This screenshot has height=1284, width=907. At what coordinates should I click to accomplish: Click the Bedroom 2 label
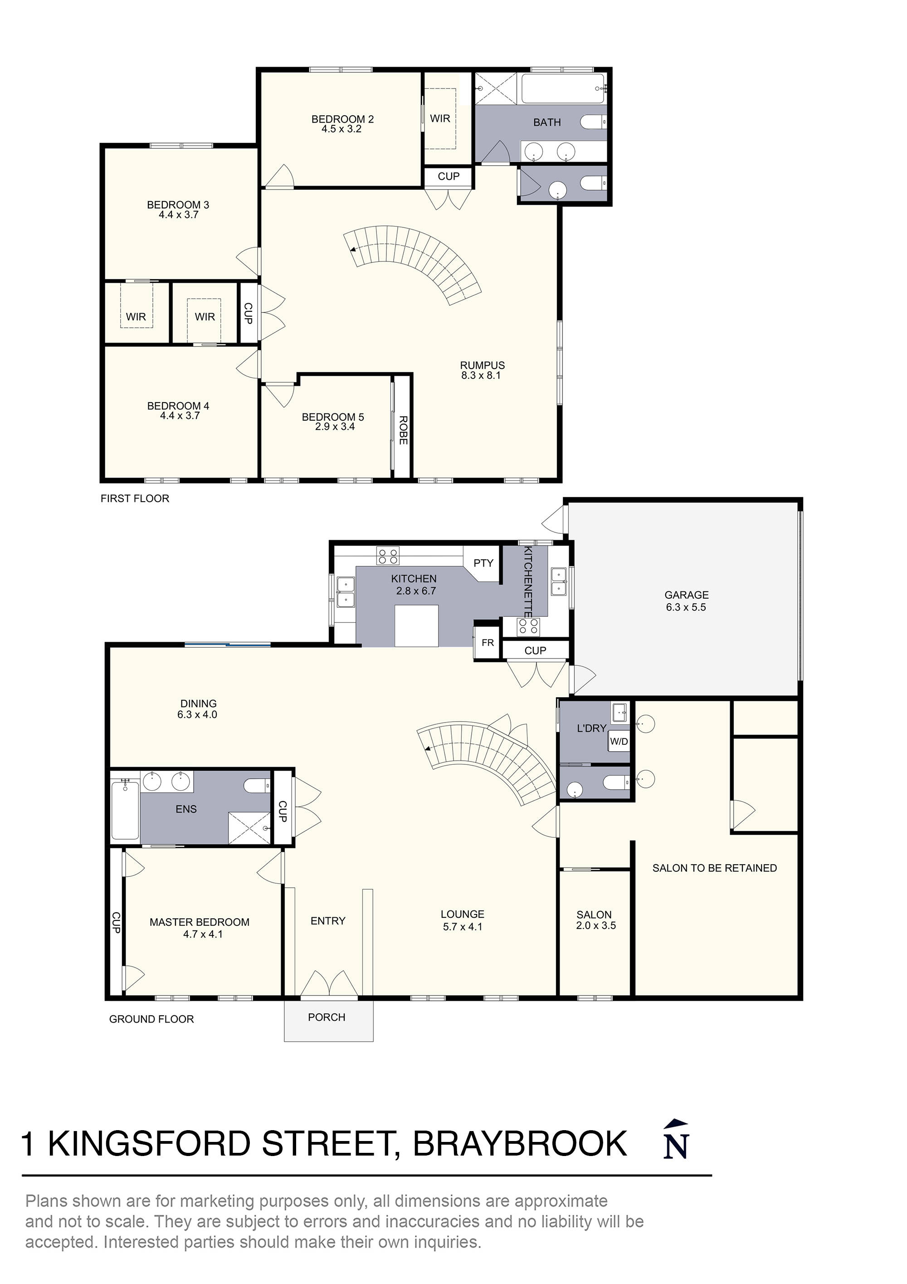(342, 119)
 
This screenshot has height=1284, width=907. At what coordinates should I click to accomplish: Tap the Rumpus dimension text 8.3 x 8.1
(481, 376)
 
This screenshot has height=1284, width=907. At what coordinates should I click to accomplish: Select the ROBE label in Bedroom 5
(403, 430)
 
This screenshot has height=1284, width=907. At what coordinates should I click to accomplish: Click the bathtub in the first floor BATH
(563, 89)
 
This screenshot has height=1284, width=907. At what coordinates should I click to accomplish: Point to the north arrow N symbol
(676, 1141)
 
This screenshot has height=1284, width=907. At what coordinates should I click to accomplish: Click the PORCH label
(327, 1017)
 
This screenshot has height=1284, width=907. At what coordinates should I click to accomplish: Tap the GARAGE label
(686, 595)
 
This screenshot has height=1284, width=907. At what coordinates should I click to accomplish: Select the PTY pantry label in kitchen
(483, 563)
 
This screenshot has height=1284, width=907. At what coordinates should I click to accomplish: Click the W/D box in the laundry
(619, 742)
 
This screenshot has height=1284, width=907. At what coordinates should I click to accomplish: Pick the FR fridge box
(488, 643)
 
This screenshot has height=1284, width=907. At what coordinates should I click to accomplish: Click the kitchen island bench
(416, 626)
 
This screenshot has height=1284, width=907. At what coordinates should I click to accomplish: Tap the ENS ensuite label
(186, 809)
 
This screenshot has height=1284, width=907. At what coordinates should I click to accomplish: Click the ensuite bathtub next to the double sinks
(125, 810)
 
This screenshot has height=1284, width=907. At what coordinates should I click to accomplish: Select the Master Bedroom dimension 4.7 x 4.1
(203, 934)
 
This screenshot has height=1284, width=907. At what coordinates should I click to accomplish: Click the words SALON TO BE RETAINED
(714, 868)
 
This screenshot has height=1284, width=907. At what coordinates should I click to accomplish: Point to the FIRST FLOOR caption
(135, 498)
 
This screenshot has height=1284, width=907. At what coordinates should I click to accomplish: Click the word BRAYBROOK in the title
(520, 1144)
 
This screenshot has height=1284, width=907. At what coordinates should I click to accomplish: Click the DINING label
(198, 703)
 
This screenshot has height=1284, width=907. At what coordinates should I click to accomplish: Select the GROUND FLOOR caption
(151, 1019)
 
